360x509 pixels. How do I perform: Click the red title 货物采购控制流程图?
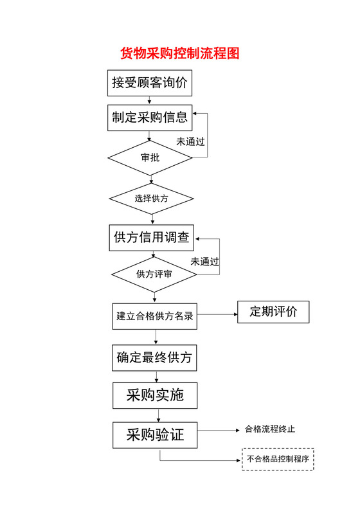[180, 53]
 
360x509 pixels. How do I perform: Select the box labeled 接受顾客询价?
[149, 82]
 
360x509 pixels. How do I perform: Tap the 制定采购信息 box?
[149, 117]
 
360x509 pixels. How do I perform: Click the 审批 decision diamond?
[150, 157]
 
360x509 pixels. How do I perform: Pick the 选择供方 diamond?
[152, 199]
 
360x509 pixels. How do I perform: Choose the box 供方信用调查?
[152, 237]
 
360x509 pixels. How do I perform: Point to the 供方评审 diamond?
[154, 274]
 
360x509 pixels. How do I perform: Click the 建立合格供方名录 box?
[155, 316]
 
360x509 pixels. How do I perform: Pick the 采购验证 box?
[155, 435]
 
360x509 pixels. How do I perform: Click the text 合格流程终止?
[270, 429]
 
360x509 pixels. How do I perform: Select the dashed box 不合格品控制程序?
[278, 460]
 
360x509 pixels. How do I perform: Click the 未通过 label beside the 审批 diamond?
[191, 141]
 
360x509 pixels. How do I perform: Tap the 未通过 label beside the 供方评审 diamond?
[205, 262]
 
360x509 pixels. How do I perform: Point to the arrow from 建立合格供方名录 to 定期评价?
[217, 314]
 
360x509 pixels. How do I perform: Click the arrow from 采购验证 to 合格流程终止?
[219, 430]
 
